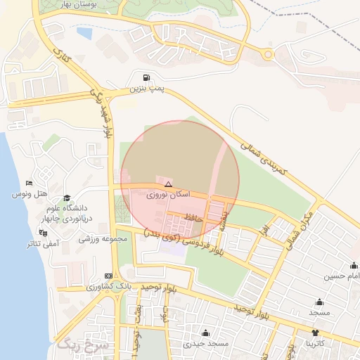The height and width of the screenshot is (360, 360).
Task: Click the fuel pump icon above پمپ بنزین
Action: pyautogui.click(x=146, y=78)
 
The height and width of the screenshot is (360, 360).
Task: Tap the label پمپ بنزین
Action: pyautogui.click(x=146, y=89)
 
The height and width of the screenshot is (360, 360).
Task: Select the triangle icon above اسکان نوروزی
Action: pyautogui.click(x=167, y=184)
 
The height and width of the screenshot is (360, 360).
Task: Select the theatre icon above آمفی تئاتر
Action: pyautogui.click(x=44, y=231)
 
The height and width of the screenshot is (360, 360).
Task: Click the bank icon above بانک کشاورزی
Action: pyautogui.click(x=108, y=276)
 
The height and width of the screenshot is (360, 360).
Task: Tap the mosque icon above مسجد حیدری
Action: pyautogui.click(x=205, y=333)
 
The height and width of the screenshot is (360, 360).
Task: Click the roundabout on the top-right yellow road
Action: pyautogui.click(x=268, y=54)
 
